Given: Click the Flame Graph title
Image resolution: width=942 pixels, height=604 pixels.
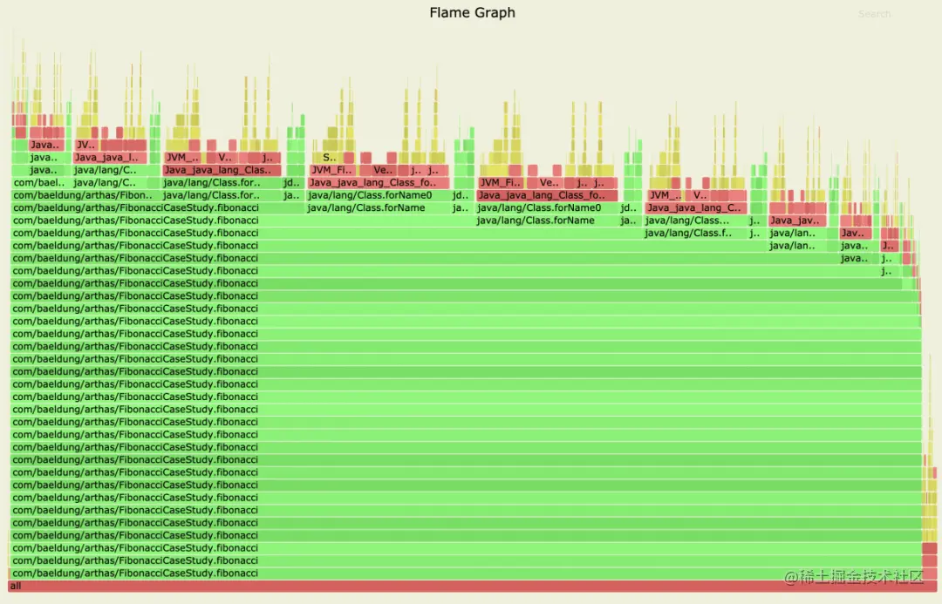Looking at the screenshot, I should [x=472, y=13].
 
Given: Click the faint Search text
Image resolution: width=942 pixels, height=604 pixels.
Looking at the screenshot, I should [x=874, y=14].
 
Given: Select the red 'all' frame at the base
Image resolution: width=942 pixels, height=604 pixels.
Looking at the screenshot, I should [x=471, y=586].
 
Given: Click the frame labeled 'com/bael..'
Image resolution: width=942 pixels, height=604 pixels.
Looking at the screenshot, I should [x=40, y=183].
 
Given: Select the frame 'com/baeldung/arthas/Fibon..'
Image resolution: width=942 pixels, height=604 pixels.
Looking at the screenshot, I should [x=83, y=195].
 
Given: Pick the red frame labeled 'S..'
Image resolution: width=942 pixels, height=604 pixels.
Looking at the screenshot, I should [x=329, y=158].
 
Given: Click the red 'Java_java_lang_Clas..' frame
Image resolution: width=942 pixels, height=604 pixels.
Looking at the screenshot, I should [x=222, y=170].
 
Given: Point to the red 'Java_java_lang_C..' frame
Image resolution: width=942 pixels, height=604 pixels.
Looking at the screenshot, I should [x=695, y=208].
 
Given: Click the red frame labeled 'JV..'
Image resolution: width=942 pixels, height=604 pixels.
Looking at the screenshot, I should [x=85, y=145].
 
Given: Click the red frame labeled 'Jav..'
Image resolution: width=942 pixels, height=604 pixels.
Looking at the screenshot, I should [x=854, y=234].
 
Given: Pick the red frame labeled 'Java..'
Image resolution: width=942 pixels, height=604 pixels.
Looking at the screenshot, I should [x=45, y=145].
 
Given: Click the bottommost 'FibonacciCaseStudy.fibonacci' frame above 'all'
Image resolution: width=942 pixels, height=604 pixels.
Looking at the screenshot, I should [x=135, y=573].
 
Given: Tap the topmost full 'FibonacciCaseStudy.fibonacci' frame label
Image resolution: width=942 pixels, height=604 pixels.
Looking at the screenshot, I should [x=135, y=208].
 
